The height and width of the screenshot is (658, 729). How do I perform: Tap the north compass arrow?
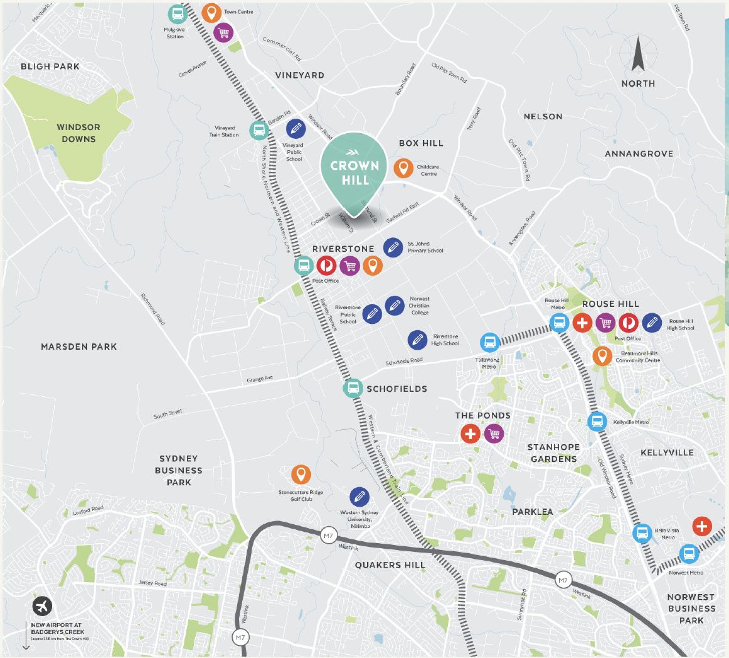[638, 55]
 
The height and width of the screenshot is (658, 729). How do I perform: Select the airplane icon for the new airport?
[43, 607]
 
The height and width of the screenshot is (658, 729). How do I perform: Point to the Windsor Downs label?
[78, 132]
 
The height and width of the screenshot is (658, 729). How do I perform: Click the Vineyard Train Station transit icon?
[258, 130]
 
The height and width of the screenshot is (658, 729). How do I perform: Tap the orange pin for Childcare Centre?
[403, 168]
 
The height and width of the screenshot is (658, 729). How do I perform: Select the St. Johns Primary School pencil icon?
[393, 247]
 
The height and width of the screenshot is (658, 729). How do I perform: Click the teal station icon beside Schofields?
[353, 388]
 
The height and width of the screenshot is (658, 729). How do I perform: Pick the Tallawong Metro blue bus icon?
[490, 342]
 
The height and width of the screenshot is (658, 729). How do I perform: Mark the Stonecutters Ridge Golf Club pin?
[301, 475]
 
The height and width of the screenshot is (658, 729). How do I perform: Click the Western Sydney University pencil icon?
[359, 497]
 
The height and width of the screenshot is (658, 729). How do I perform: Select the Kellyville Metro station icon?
[597, 421]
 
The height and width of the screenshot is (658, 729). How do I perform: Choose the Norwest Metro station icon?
[689, 554]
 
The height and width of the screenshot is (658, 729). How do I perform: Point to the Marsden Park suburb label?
[78, 347]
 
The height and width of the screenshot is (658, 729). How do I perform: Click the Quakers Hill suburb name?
[390, 565]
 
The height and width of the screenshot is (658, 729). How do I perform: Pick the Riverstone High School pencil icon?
[417, 340]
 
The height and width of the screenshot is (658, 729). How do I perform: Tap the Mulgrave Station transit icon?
[177, 14]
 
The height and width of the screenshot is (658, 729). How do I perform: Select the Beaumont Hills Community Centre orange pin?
[602, 356]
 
